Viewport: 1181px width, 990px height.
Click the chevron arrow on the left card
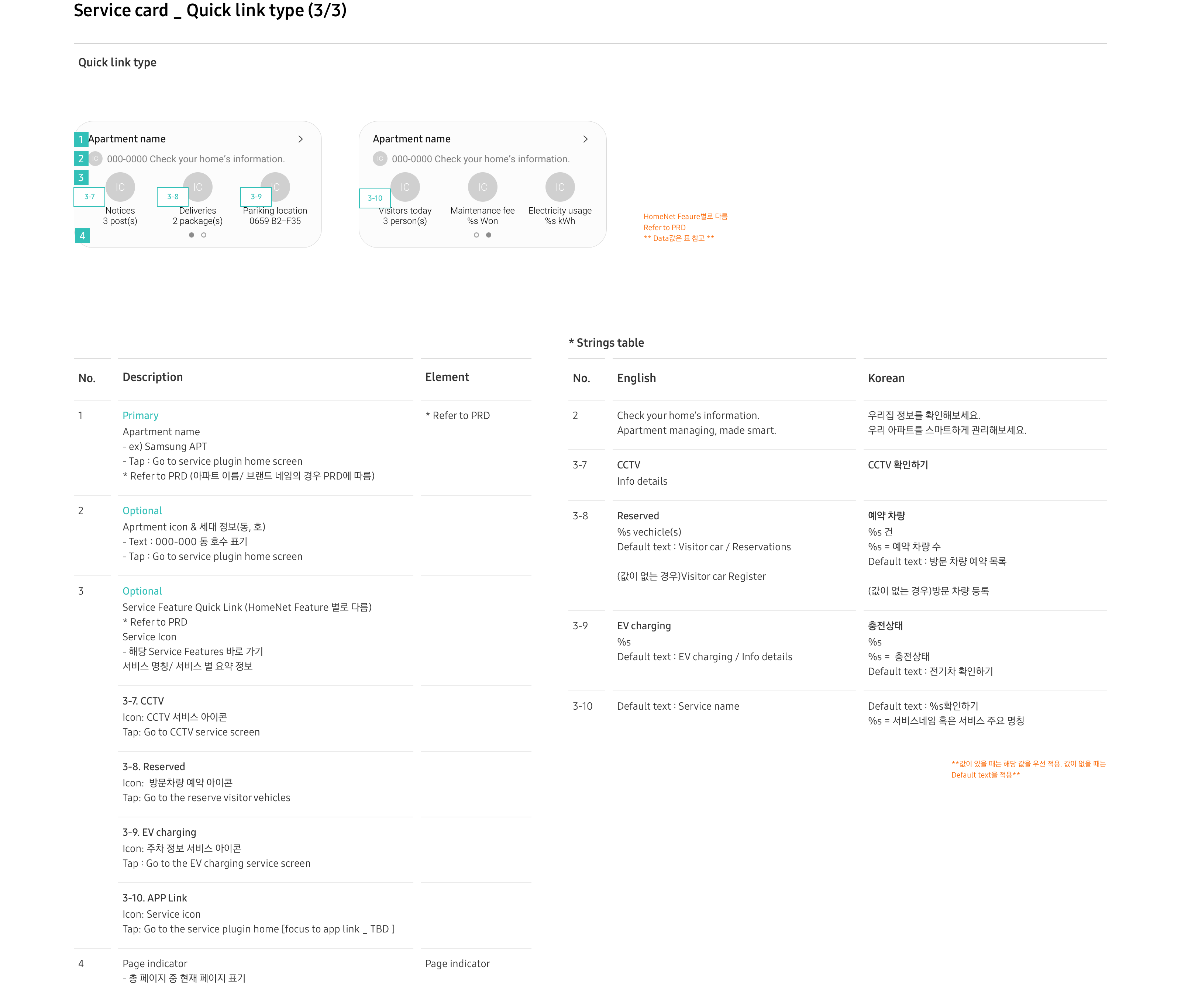300,139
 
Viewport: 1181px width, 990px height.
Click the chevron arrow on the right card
585,139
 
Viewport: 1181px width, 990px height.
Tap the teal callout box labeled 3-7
89,197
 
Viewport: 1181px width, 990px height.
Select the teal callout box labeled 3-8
173,197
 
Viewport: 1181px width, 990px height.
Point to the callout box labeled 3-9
256,197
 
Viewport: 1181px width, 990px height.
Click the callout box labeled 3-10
375,198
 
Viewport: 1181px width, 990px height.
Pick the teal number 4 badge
83,236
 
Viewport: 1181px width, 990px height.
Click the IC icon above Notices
120,187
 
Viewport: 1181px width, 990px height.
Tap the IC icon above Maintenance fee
482,187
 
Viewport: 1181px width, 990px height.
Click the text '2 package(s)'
197,221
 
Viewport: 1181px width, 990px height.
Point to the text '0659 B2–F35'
275,221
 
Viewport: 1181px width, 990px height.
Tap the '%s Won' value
482,221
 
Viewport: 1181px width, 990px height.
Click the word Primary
141,415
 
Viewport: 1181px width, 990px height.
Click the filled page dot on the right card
489,235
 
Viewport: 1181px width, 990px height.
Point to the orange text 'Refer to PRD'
664,228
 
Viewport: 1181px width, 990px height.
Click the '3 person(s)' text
405,221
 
